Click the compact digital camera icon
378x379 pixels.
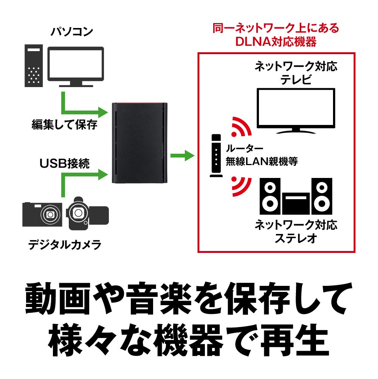[x=42, y=214]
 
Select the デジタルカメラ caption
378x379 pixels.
[x=65, y=245]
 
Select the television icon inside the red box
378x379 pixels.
[x=295, y=111]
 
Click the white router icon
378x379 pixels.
[x=216, y=155]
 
